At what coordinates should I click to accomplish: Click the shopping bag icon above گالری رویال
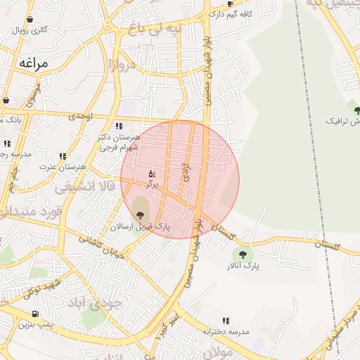click(x=30, y=20)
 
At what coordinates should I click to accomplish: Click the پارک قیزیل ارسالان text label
click(x=141, y=227)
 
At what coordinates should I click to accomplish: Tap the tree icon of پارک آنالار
click(x=243, y=255)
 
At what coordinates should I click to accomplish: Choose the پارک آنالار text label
click(x=243, y=267)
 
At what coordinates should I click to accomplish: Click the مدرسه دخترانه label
click(x=226, y=331)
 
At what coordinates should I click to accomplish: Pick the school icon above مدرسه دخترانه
click(x=226, y=321)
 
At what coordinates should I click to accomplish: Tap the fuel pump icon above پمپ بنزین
click(x=35, y=314)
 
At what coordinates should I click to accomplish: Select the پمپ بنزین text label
click(x=35, y=325)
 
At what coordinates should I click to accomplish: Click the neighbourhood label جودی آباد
click(x=96, y=302)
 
